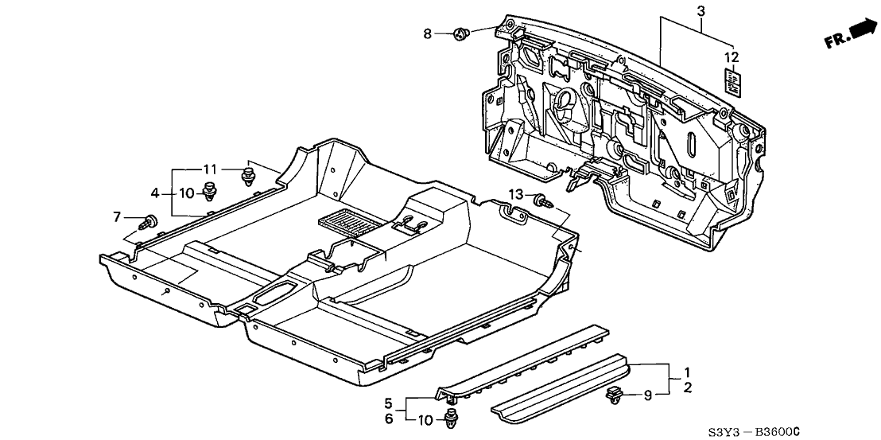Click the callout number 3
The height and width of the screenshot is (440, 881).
click(x=701, y=11)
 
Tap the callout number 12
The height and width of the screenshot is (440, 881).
click(x=732, y=56)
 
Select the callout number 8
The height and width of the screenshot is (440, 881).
click(x=427, y=33)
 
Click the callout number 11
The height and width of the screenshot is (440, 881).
click(x=209, y=169)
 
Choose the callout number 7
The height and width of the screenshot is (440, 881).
click(x=116, y=216)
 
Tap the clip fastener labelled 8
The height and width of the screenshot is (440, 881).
click(x=460, y=34)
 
